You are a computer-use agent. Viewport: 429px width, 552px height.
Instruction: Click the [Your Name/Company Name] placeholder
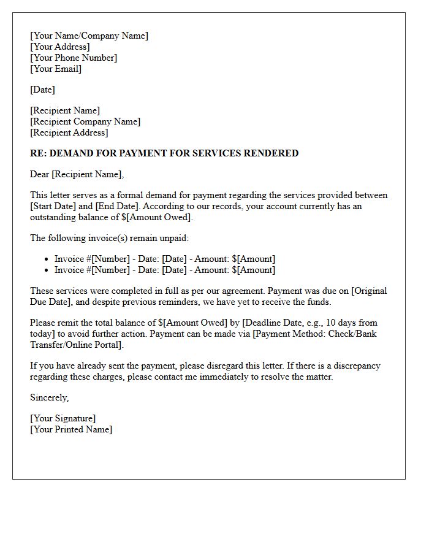coord(89,36)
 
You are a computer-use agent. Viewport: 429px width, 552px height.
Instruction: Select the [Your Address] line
coord(59,47)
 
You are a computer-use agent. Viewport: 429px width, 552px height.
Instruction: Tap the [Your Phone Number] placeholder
coord(74,58)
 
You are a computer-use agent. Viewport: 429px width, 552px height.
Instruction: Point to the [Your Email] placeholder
coord(56,69)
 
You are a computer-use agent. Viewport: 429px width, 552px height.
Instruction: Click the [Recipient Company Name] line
coord(85,121)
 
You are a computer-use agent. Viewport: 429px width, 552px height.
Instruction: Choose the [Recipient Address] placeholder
coord(69,132)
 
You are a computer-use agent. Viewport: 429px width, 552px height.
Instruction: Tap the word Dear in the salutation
coord(40,174)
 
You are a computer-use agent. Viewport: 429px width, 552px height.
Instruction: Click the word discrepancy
coord(355,366)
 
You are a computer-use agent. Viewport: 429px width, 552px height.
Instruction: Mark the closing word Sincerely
coord(49,397)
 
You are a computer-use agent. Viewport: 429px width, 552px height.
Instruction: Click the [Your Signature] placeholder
coord(63,418)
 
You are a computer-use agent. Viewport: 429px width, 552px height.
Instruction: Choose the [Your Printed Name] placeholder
coord(71,429)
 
